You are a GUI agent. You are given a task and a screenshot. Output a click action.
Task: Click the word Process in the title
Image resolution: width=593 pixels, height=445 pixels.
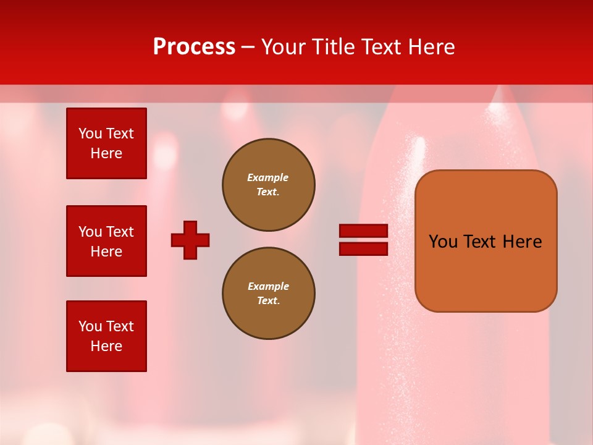click(194, 46)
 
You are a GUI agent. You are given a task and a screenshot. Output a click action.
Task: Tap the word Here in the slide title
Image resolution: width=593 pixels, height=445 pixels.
click(429, 47)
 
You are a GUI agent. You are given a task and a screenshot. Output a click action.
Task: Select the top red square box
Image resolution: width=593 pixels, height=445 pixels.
click(106, 143)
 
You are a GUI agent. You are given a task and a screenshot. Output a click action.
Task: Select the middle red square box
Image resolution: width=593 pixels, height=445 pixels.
click(106, 241)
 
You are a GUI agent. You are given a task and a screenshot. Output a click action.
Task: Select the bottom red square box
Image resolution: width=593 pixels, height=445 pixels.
click(106, 336)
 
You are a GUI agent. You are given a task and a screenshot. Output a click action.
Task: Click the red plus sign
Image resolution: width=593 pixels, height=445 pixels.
click(190, 240)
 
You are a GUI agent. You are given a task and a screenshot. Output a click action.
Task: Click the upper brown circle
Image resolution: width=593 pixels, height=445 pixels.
click(269, 185)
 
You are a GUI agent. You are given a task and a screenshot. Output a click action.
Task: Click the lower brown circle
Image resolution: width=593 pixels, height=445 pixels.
click(269, 294)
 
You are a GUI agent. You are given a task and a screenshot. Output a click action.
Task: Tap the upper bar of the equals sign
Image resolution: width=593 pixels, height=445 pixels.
click(363, 231)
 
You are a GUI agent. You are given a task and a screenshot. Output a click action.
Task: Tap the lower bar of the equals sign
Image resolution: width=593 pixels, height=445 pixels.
click(363, 248)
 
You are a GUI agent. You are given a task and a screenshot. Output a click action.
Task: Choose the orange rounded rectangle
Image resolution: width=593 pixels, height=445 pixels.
click(486, 241)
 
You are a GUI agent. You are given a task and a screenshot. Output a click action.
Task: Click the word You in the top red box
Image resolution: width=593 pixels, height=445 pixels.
click(90, 133)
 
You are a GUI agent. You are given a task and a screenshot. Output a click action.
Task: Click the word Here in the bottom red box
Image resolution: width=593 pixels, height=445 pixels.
click(106, 346)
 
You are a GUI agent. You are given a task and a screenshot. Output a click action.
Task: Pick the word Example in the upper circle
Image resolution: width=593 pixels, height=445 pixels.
click(267, 177)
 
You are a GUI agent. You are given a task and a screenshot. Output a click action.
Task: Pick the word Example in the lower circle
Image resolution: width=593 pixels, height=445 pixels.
click(268, 286)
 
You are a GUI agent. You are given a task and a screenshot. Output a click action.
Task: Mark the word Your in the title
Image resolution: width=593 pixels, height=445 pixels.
click(284, 47)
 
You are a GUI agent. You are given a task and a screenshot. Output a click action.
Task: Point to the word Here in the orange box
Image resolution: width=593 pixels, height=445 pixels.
click(522, 242)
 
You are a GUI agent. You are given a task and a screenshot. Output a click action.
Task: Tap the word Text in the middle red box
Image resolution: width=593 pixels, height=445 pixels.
click(119, 232)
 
